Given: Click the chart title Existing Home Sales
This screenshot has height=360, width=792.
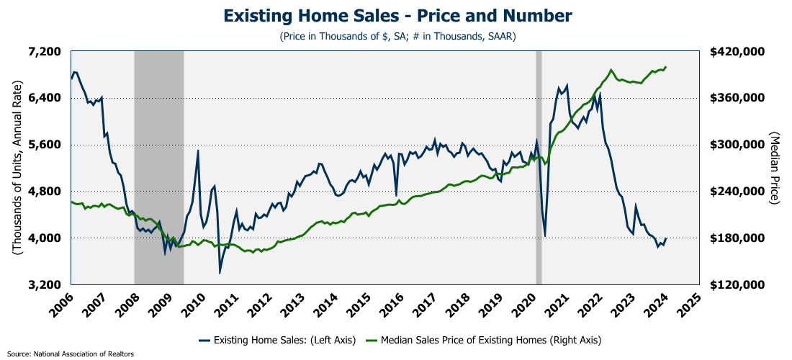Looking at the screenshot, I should [x=397, y=16].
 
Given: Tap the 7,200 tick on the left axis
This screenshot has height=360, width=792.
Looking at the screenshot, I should [x=44, y=52].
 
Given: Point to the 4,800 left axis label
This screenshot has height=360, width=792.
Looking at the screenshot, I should [x=44, y=192].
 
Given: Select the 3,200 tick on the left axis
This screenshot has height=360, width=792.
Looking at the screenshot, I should [x=44, y=284].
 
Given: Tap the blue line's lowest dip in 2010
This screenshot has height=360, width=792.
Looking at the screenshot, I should [x=220, y=272].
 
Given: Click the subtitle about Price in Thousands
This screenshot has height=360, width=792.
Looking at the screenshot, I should [x=397, y=35].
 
